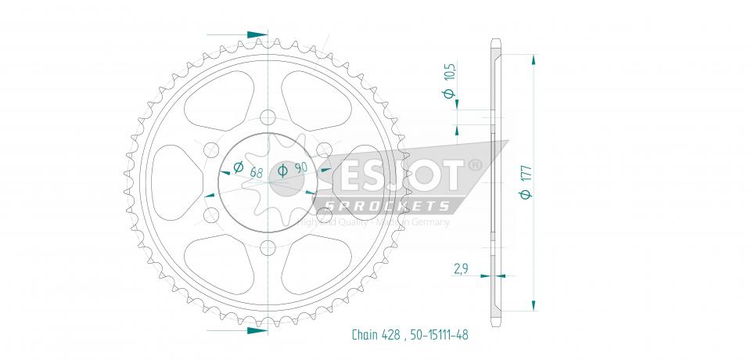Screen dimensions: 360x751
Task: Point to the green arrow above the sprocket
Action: tap(255, 35)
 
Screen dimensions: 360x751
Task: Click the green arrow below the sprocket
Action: tap(255, 330)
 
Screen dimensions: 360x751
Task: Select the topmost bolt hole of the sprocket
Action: tap(268, 117)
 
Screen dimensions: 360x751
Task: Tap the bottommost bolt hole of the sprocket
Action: tap(268, 248)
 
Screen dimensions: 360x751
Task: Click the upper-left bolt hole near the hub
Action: tap(210, 150)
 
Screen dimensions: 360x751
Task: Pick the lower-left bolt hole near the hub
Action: tap(210, 214)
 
